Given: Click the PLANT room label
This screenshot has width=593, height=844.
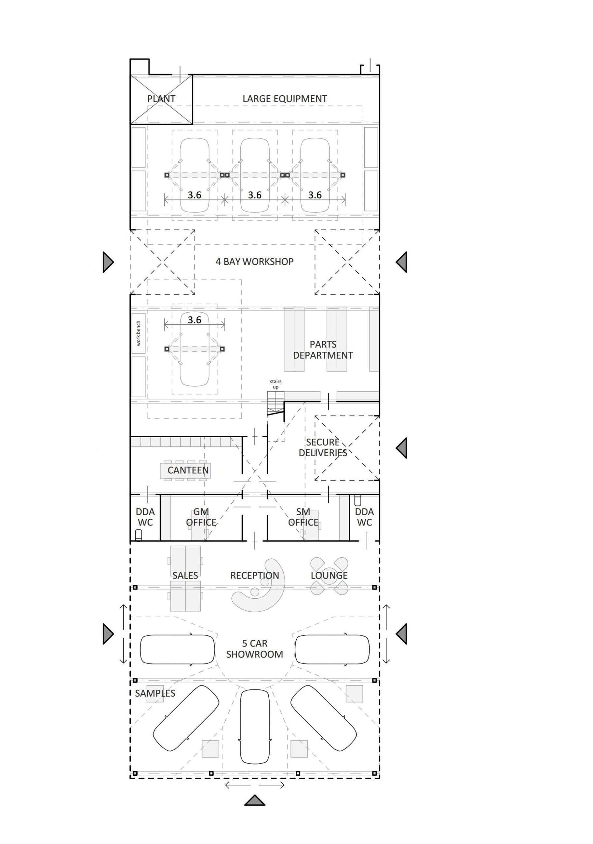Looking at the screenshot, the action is coord(161,99).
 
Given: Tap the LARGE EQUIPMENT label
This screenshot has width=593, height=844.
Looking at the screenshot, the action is coord(285,99).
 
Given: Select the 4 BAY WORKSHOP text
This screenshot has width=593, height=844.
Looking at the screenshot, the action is coord(254,262).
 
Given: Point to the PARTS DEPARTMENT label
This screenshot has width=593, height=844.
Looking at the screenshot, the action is coord(323,350).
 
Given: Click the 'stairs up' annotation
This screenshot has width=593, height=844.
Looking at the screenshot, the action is coord(276,384).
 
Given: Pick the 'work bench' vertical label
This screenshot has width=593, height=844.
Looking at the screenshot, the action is coord(138,333).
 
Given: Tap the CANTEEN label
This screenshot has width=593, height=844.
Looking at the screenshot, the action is coord(188,470).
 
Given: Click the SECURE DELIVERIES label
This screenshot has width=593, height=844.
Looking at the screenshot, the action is coord(323,447).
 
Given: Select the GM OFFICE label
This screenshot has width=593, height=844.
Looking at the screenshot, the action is coord(201,517).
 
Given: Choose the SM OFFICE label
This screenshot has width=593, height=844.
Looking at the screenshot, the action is coord(303,517).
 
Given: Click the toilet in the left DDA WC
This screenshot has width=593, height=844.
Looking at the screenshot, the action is coord(139,535).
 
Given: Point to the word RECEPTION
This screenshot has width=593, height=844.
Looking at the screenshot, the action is coord(254,576).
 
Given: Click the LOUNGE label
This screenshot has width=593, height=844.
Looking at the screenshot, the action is coord(329,576).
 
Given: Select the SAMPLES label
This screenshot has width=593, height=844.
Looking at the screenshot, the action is coord(155,693).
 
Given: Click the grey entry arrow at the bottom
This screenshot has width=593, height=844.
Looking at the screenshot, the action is coord(254,800).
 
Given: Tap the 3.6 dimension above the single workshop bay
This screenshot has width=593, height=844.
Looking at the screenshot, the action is coord(194,320).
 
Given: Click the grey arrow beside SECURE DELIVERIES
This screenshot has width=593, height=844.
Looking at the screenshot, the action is coord(401,448).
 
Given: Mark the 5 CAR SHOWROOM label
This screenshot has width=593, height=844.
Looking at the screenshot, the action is coord(254,649).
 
